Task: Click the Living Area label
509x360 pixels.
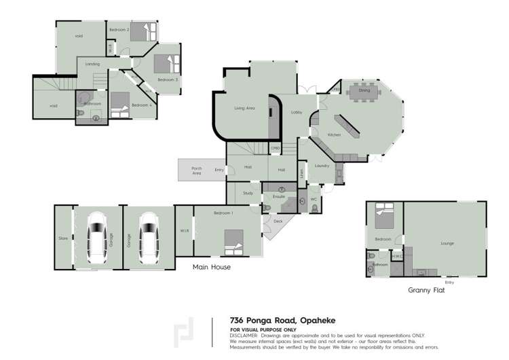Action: click(x=244, y=108)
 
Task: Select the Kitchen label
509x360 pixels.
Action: click(x=334, y=135)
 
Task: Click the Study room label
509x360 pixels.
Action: click(x=247, y=194)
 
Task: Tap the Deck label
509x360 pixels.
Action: click(x=278, y=221)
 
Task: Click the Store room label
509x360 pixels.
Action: click(x=63, y=238)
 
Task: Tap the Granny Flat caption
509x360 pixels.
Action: click(x=426, y=289)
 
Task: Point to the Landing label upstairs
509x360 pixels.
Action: click(x=93, y=65)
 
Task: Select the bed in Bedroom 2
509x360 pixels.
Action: click(x=142, y=32)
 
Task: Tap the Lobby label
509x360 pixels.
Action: click(x=297, y=112)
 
